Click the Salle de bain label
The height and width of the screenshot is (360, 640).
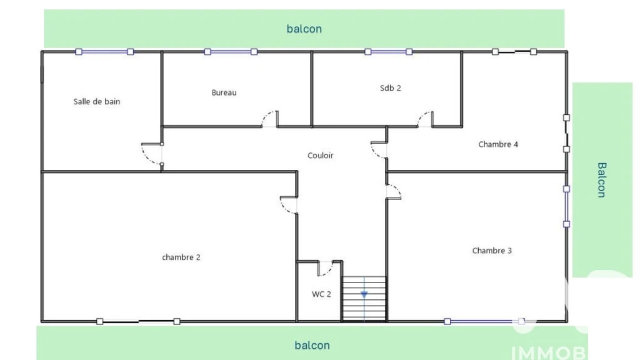(x=97, y=102)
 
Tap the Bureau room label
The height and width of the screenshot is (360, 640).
(x=224, y=92)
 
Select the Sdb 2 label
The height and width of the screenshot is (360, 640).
(x=390, y=88)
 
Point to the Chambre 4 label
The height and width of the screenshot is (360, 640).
(x=498, y=144)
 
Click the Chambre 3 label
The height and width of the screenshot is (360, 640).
(x=492, y=251)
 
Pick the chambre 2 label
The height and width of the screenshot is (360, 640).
(x=181, y=257)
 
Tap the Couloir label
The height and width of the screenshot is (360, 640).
(x=321, y=156)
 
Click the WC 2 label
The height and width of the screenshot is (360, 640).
(x=321, y=294)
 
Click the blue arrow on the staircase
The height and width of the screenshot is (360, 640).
(x=364, y=294)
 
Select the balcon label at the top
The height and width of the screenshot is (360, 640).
(x=304, y=29)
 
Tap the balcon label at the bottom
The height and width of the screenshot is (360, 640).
(x=312, y=345)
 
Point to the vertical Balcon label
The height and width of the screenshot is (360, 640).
(x=602, y=180)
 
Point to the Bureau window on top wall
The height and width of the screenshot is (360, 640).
(x=231, y=52)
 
